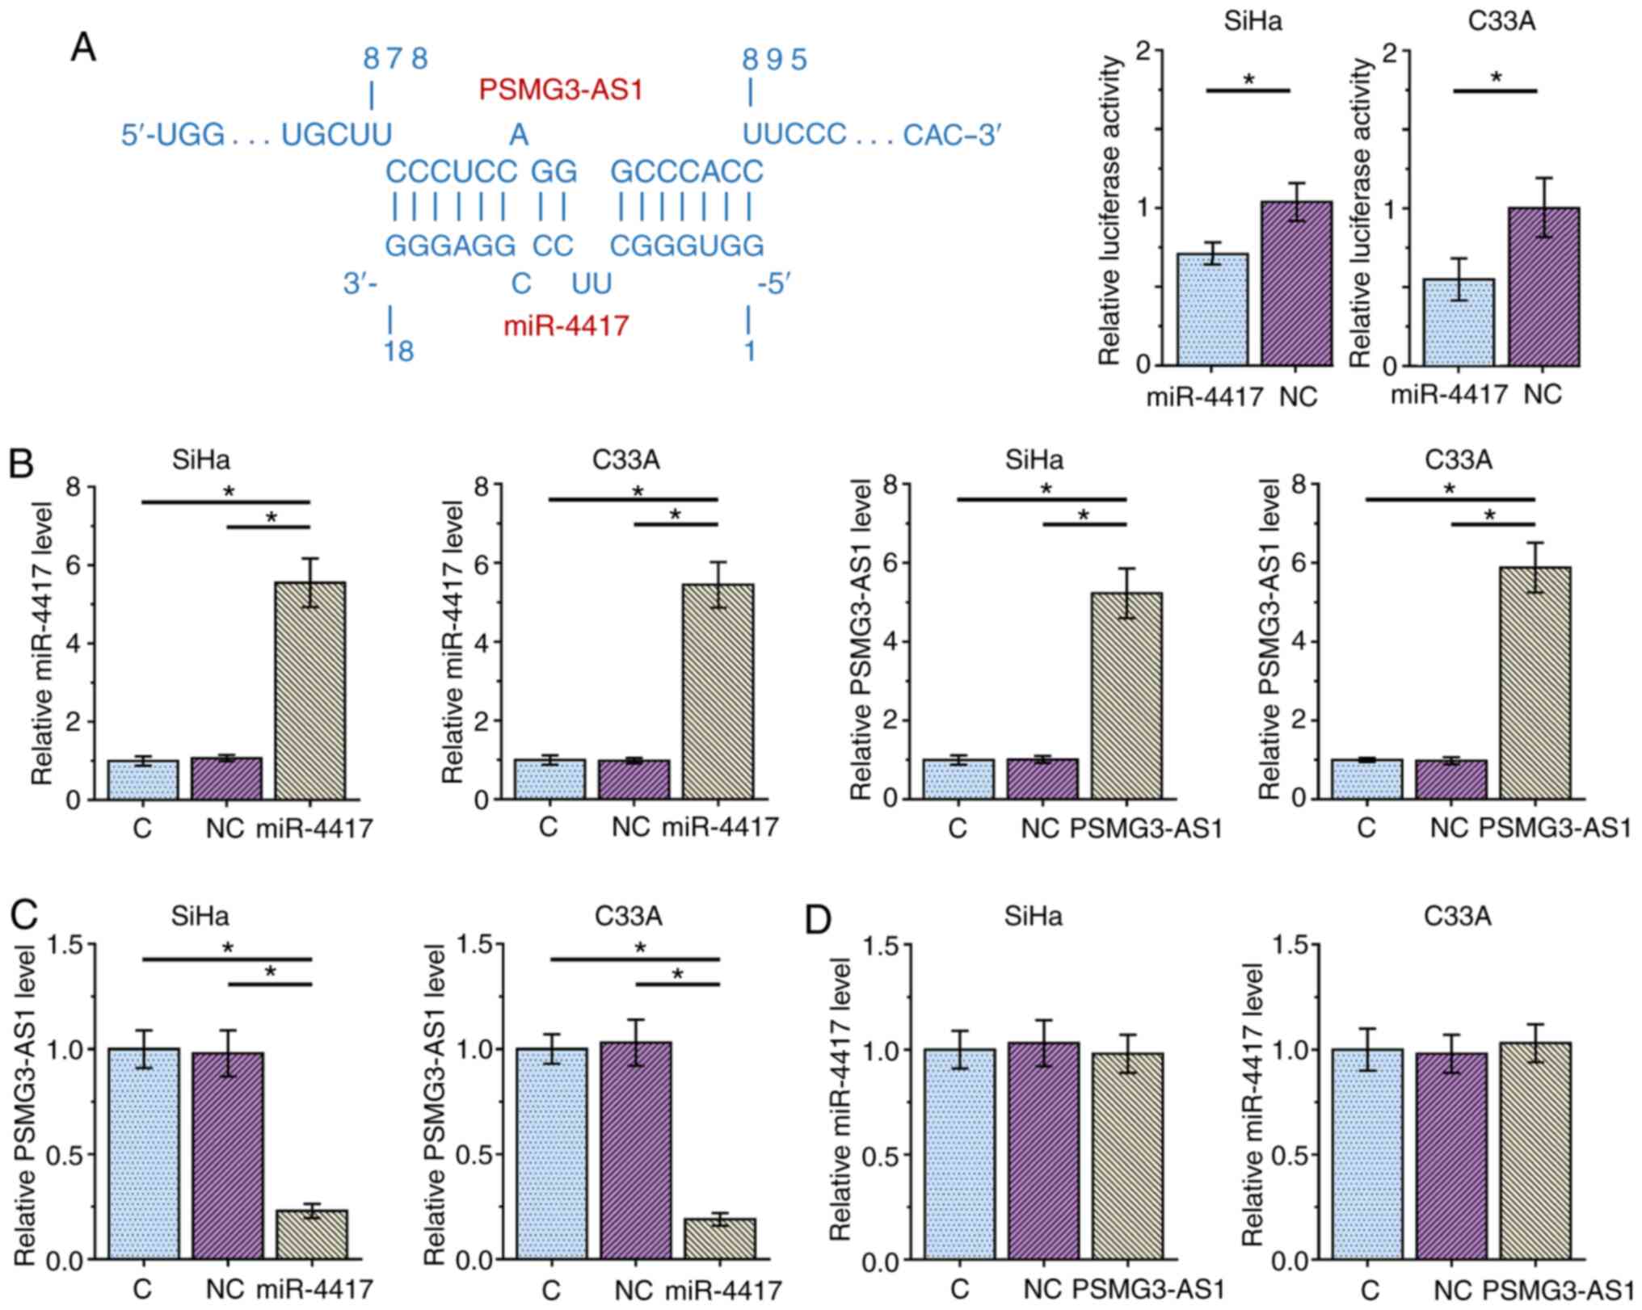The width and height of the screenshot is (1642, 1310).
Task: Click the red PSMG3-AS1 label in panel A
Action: click(x=561, y=90)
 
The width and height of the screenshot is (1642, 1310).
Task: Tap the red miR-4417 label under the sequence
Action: click(x=566, y=326)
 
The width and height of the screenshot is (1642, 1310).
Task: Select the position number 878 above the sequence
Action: click(x=395, y=59)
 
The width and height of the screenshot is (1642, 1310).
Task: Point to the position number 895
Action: click(x=775, y=59)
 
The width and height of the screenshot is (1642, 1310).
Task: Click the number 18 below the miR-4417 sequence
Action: click(x=399, y=351)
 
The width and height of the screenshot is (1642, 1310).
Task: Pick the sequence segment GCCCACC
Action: click(x=687, y=172)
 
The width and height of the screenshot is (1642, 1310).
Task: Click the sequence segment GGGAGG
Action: click(x=451, y=246)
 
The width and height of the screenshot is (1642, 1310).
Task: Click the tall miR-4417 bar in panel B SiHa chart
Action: click(x=310, y=691)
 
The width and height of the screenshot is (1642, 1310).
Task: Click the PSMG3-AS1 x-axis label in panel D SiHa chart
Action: click(x=1147, y=1288)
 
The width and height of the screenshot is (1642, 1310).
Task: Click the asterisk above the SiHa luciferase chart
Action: click(x=1248, y=79)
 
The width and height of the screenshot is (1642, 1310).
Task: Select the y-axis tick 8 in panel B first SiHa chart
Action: click(x=78, y=486)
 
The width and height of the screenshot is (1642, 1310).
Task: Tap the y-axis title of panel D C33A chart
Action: click(x=1252, y=1106)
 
